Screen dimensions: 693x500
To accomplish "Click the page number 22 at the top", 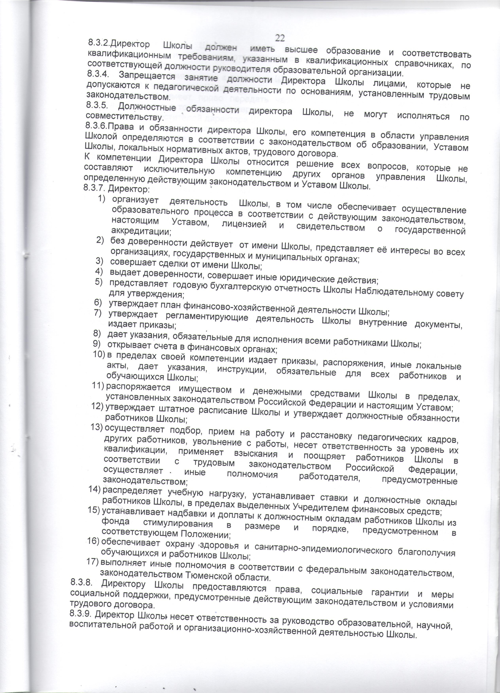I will point(280,38).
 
